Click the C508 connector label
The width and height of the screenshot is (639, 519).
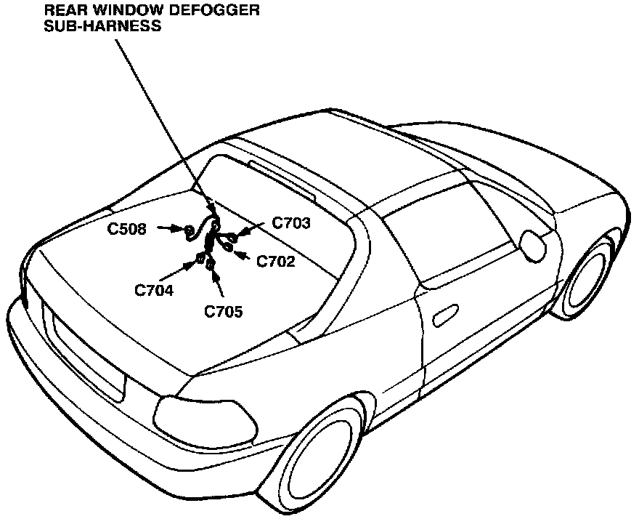click(127, 230)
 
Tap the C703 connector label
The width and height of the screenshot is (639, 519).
click(291, 224)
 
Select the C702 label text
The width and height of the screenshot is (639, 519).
click(276, 262)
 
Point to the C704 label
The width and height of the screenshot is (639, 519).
click(154, 290)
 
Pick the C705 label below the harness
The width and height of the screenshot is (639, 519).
click(223, 313)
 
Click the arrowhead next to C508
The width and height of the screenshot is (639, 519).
click(177, 229)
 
